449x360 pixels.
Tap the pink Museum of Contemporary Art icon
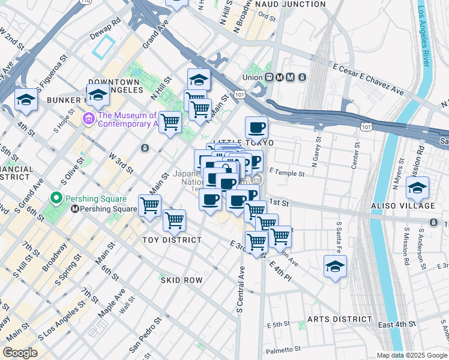[89, 119]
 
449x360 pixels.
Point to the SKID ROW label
[181, 280]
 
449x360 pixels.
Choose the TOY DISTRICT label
[172, 240]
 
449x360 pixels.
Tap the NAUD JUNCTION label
[291, 4]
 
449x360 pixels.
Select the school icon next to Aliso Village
[417, 187]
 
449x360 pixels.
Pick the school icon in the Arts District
[335, 266]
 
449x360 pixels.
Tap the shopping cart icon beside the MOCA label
[170, 122]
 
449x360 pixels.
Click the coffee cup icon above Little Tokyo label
[256, 127]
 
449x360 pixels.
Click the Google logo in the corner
[20, 353]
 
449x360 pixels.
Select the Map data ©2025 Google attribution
[411, 355]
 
